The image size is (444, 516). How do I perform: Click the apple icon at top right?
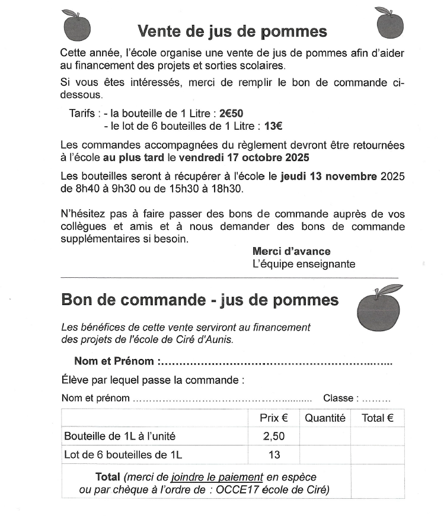point(389,23)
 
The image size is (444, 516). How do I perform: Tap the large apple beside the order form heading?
point(379,307)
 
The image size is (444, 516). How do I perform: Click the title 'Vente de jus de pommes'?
point(232,31)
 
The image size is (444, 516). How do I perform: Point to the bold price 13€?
point(273,126)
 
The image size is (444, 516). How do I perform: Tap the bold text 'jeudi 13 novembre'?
point(329,176)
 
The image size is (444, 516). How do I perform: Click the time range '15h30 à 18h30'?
point(213,189)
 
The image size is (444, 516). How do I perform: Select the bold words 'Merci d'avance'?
point(292,251)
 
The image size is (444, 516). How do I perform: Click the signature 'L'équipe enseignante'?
point(304,264)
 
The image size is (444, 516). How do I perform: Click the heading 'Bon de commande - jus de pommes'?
point(200,300)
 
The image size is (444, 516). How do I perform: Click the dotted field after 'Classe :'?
point(376,399)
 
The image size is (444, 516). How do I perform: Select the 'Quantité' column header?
point(325,418)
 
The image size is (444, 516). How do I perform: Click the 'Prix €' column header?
point(274,418)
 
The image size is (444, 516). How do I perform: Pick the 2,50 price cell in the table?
point(274,437)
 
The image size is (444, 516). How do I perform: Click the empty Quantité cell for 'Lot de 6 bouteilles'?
point(325,455)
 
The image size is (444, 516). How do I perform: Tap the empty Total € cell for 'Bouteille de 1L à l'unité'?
point(378,437)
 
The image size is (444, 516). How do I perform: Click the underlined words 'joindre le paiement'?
point(217,477)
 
